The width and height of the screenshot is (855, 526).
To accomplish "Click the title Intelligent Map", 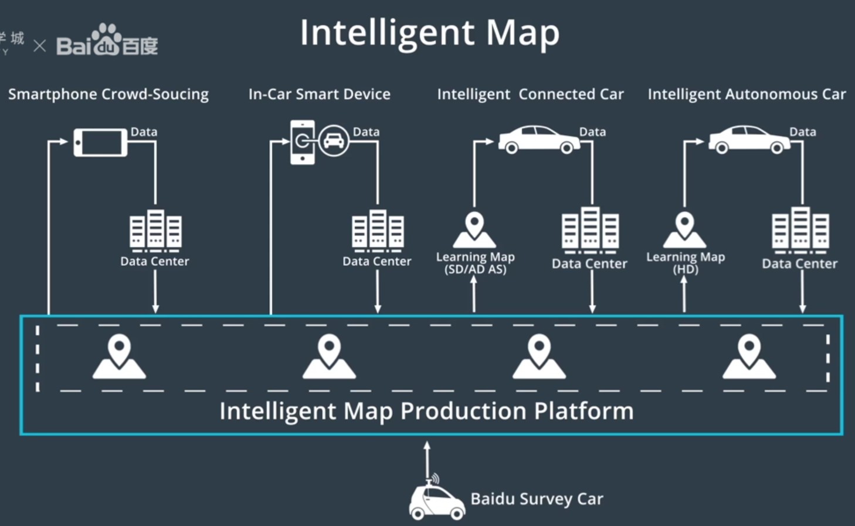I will [x=429, y=33].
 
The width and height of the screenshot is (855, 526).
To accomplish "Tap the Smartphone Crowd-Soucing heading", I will [x=108, y=95].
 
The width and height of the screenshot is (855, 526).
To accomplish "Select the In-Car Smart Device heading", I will [x=319, y=95].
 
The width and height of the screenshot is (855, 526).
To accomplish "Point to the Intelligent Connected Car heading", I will [x=530, y=95].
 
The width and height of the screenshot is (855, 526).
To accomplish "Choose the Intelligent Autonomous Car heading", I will [x=747, y=95].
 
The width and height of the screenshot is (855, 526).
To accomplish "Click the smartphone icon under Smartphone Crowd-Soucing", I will [x=100, y=143].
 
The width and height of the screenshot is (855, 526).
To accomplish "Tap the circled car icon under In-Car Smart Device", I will [x=334, y=141].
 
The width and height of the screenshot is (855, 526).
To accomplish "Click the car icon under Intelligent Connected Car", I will [x=539, y=140].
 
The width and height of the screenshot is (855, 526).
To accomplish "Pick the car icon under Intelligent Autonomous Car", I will [x=749, y=140].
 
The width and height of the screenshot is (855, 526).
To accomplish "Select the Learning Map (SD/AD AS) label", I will [x=475, y=263].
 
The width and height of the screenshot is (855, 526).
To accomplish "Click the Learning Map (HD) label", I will [x=686, y=263].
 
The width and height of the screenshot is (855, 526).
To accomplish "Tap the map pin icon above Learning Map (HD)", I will [x=684, y=230].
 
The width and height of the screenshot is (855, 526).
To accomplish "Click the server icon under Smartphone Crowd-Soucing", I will [x=155, y=230].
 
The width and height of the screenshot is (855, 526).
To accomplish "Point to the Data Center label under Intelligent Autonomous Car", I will [x=799, y=264].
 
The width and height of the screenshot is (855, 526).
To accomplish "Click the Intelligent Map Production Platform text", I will [x=426, y=411].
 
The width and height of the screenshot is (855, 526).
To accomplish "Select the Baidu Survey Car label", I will [x=537, y=499].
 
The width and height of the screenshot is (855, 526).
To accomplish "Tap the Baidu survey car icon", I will [x=436, y=501].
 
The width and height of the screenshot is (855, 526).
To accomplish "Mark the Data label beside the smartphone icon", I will [x=144, y=131].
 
